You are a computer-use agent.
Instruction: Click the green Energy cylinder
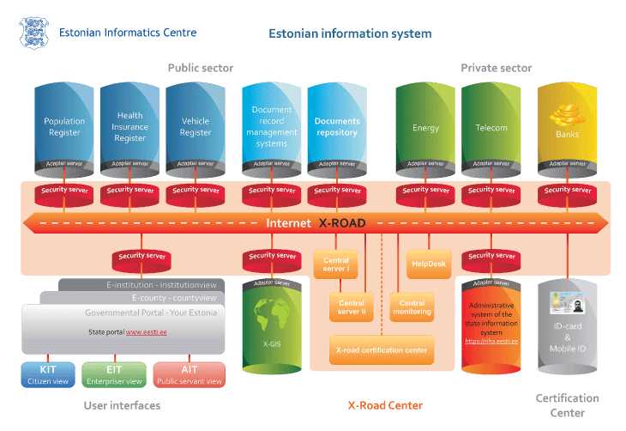(425, 128)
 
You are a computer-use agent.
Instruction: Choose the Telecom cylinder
(491, 128)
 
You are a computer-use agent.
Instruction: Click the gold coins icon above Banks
(566, 112)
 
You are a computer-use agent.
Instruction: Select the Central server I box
(336, 264)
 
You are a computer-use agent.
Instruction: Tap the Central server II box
(352, 307)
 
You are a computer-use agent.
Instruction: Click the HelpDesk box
(429, 264)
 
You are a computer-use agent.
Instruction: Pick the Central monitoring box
(412, 307)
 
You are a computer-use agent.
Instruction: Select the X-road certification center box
(382, 349)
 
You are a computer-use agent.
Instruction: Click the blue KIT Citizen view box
(48, 374)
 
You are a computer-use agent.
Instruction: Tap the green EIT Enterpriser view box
(115, 374)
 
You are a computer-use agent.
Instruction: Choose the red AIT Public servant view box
(190, 374)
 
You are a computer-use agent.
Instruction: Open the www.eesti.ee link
(146, 331)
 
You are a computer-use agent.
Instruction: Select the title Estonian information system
(350, 34)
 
